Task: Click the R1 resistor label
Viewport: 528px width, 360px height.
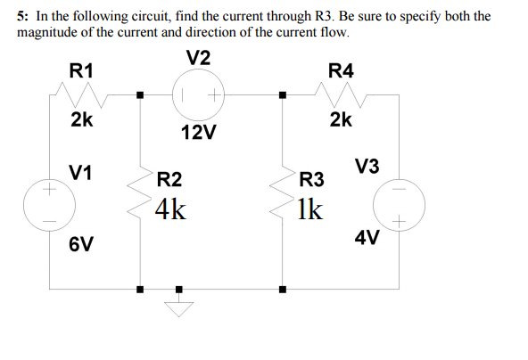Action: point(82,70)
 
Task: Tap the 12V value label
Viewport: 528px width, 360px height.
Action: point(198,133)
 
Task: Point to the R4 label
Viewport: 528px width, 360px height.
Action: point(341,70)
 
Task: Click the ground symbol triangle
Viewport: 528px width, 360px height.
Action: point(178,307)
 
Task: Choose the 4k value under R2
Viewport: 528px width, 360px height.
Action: point(170,210)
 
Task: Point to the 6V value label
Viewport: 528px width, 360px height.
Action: point(82,244)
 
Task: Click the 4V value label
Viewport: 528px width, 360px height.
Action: point(367,238)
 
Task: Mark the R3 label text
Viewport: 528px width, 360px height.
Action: point(312,180)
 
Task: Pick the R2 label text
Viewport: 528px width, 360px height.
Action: point(169,180)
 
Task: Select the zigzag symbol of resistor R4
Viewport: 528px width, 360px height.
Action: point(341,92)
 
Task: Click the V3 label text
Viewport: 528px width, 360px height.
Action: point(367,167)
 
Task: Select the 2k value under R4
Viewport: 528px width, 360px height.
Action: point(341,119)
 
